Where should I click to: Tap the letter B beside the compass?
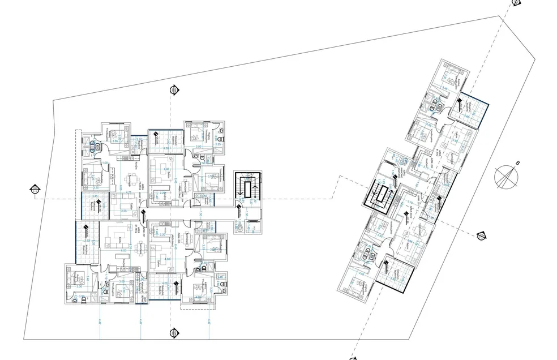coord(517,164)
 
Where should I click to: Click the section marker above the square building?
coord(174,90)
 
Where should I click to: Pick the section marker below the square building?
coord(174,333)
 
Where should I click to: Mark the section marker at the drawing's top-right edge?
coord(516,2)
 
